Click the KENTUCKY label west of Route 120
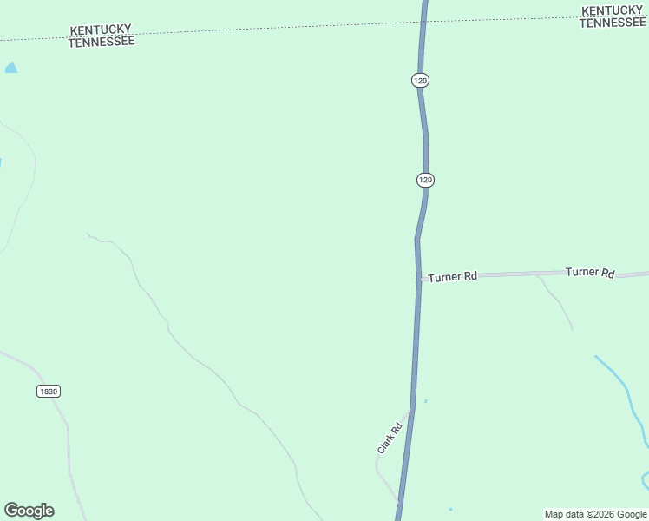101,30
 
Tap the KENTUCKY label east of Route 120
613,10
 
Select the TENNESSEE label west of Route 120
102,41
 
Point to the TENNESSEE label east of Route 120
613,23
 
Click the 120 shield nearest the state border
421,80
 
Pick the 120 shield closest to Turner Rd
425,180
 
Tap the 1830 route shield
49,392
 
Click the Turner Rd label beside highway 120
452,276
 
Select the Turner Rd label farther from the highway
590,273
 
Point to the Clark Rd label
390,437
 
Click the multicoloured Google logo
29,511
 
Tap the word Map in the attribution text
554,514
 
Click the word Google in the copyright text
632,514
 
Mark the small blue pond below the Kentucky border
10,67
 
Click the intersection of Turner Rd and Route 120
421,280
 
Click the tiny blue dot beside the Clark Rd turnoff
425,400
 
